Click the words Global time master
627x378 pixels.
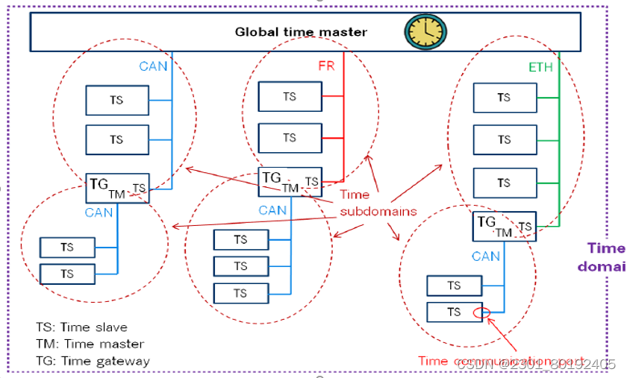click(x=301, y=31)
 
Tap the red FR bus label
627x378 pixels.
click(x=326, y=66)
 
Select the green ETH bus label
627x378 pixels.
click(x=541, y=67)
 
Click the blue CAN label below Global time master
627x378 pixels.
click(x=153, y=66)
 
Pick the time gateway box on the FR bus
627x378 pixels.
click(x=290, y=182)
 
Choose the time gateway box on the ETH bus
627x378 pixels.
click(x=505, y=226)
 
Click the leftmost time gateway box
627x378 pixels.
click(x=117, y=189)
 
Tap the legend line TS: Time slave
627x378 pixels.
click(x=81, y=327)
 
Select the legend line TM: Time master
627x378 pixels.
click(x=90, y=344)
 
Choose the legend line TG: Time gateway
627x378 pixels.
click(x=93, y=361)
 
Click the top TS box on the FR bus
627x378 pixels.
click(x=290, y=96)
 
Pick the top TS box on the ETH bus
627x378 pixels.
click(x=505, y=97)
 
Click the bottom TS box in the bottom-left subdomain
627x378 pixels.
click(x=67, y=274)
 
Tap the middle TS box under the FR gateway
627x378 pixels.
click(x=240, y=266)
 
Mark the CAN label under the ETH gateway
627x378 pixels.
click(x=486, y=256)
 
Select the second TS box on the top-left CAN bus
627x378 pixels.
click(x=116, y=139)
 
